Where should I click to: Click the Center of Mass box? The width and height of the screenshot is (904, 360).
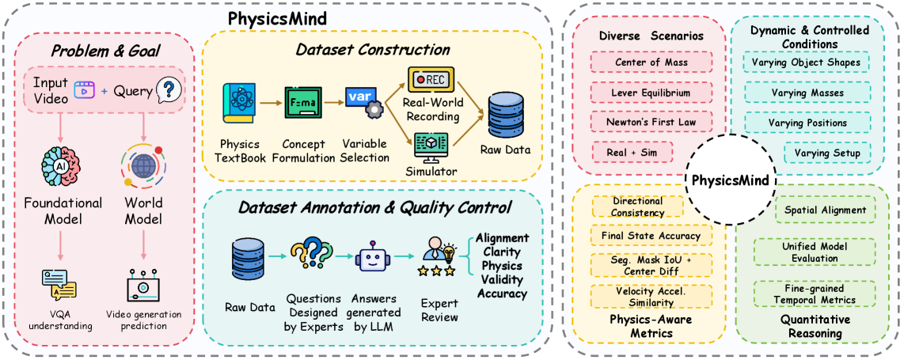651,62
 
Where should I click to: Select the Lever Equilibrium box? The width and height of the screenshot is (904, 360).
651,93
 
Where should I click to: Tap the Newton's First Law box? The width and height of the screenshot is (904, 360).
651,123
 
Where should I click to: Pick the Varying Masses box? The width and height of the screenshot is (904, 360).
807,93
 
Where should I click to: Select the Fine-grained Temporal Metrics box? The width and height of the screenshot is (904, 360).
815,294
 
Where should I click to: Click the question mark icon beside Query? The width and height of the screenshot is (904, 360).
166,91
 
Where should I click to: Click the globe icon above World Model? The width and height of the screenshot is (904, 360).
143,167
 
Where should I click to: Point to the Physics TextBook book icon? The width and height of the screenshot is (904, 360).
238,108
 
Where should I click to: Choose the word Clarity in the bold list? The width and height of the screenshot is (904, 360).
503,252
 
